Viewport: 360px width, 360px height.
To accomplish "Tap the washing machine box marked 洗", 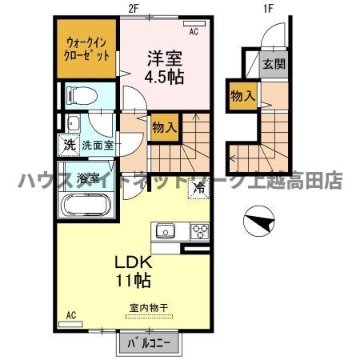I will [x=68, y=146].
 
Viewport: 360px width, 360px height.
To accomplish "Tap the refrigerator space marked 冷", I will [x=198, y=190].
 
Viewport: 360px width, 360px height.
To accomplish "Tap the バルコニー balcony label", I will [x=150, y=345].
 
